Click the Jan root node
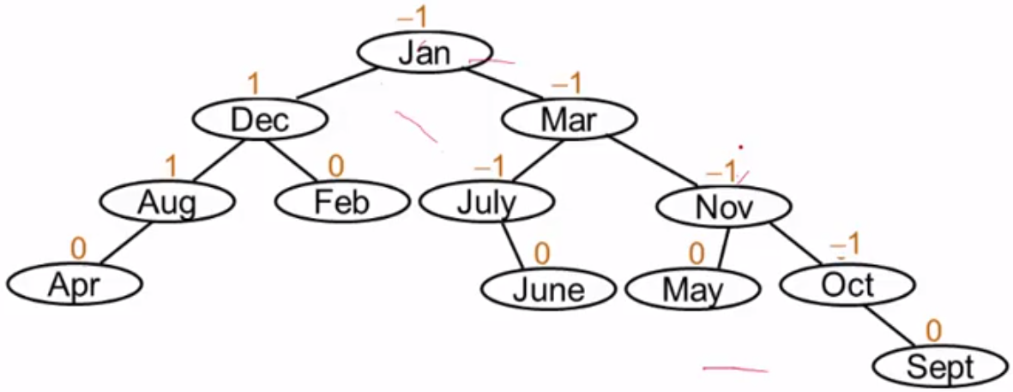pos(424,52)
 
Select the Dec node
pos(260,120)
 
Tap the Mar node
pos(569,120)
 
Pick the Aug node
pos(167,203)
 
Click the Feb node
pos(341,203)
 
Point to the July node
pos(486,203)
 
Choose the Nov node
pos(723,207)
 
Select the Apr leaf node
pos(74,284)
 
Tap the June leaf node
pos(547,289)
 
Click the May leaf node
pos(692,289)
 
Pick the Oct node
pos(847,285)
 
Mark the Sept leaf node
pos(940,367)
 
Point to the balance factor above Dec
pos(253,84)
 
